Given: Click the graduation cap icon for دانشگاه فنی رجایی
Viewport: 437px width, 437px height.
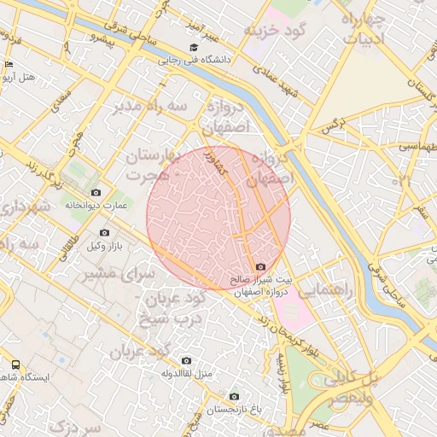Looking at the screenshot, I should coord(194,48).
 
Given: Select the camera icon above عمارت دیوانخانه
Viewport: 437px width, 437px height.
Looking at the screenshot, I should coord(95,193).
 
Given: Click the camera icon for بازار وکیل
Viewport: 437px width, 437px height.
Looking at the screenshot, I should coord(104,232).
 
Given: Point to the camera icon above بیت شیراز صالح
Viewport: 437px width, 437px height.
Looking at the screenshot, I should coord(260,267).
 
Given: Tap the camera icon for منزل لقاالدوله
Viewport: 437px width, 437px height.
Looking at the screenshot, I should coord(186,360).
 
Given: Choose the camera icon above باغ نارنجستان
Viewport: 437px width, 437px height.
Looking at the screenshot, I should coord(234,396).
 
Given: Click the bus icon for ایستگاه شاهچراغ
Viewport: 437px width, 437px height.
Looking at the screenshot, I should coord(15,364).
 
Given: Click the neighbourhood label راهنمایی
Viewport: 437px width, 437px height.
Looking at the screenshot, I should coord(328,290).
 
